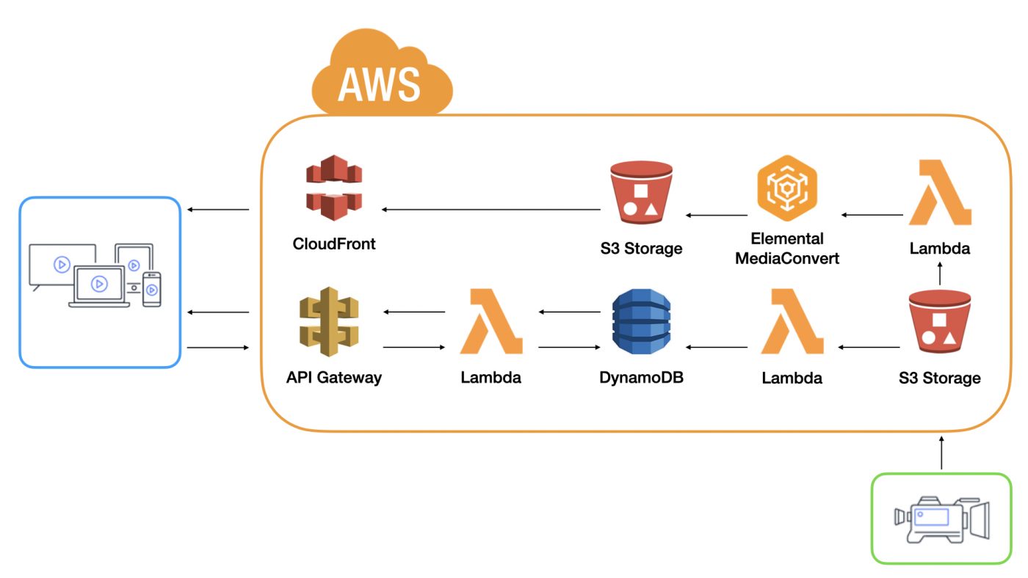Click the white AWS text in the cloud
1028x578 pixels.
coord(379,84)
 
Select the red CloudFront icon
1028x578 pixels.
coord(334,188)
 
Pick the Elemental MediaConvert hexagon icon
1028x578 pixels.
coord(786,189)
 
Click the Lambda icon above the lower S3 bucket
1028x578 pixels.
coord(940,194)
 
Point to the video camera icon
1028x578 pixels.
coord(941,519)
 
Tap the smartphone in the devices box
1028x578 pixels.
coord(152,289)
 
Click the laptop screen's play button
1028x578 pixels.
coord(99,284)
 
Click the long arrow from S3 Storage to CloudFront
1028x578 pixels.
coord(491,211)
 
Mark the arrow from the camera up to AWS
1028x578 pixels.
coord(941,453)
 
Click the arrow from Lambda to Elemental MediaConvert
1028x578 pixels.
coord(872,215)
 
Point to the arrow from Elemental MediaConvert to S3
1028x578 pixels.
coord(717,216)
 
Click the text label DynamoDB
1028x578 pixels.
coord(641,378)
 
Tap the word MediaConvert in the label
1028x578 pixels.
coord(786,258)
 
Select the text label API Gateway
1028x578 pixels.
coord(334,378)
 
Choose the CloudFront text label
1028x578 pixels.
coord(334,244)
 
